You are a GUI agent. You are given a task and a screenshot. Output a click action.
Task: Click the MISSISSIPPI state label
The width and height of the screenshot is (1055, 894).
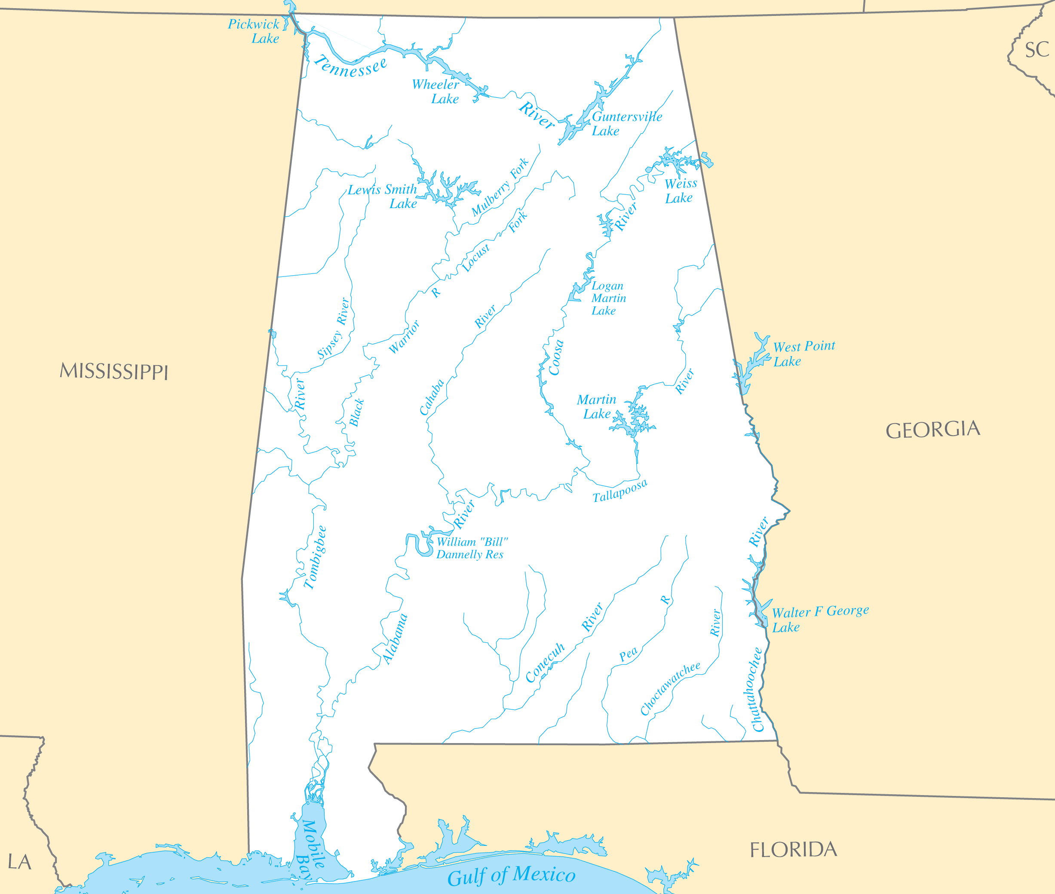click(113, 371)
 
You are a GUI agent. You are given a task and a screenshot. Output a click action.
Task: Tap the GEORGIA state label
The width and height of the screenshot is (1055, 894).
click(932, 430)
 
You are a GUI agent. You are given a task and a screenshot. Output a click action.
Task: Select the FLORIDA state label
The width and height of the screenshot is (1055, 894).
click(793, 850)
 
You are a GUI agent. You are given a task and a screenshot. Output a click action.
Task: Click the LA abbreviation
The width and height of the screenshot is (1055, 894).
click(19, 862)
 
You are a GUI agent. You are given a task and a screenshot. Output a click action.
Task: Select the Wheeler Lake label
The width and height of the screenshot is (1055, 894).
click(436, 92)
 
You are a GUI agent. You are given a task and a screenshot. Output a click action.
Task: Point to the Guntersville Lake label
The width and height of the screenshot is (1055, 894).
click(626, 124)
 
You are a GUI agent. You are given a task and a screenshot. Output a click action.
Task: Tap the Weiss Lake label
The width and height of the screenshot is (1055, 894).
click(680, 190)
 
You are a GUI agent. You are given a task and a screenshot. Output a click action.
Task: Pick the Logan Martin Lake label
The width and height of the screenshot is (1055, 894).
click(608, 298)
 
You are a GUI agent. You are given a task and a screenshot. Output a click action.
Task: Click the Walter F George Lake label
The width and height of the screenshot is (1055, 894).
click(819, 618)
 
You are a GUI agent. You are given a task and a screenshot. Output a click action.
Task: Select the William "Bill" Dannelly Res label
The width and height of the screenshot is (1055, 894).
click(471, 548)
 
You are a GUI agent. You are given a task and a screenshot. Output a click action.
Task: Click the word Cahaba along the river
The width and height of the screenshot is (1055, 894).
click(432, 397)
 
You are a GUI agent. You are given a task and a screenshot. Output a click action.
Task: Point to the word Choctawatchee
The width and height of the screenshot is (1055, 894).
click(670, 688)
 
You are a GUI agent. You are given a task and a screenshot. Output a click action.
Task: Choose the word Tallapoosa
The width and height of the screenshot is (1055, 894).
click(620, 490)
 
